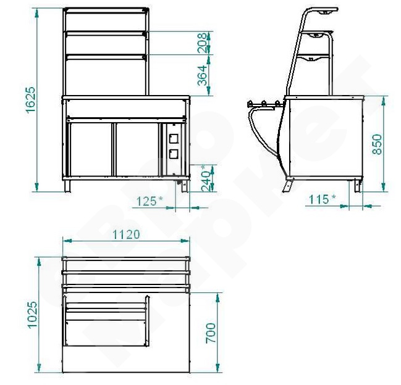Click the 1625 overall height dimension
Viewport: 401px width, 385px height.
[x=30, y=99]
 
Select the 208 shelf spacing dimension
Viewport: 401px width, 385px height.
[x=202, y=43]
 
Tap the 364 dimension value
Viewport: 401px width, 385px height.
[x=202, y=75]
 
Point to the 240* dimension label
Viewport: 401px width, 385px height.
[x=206, y=178]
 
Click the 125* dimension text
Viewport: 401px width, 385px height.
[x=150, y=201]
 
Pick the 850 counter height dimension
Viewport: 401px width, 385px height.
[x=377, y=144]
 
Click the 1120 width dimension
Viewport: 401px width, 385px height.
[x=126, y=234]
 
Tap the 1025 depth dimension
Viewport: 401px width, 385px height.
[x=33, y=315]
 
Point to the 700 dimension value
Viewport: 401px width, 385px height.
[x=211, y=333]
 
